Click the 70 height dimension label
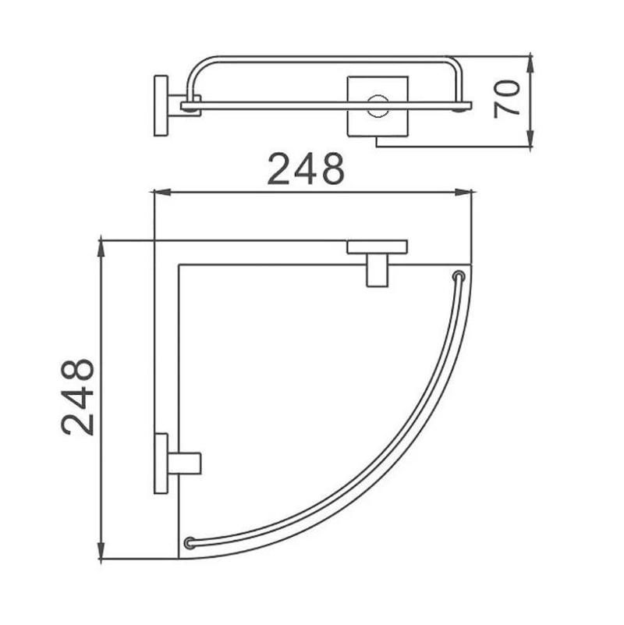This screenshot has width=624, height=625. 507,99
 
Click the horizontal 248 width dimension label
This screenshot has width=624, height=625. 306,169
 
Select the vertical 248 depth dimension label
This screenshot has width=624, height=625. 77,396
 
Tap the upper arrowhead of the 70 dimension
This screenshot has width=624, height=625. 530,65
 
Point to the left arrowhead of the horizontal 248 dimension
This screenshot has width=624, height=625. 162,193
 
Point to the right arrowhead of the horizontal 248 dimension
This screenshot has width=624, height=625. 463,193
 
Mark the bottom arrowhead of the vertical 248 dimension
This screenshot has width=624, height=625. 101,550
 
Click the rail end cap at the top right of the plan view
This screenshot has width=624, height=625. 459,276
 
